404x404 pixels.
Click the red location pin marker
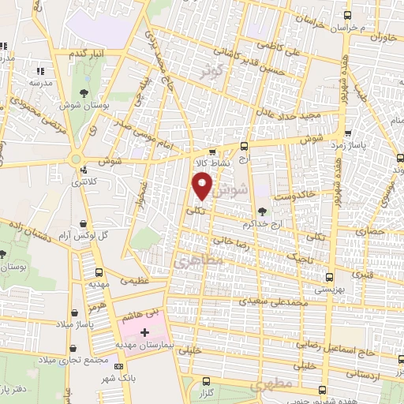203,185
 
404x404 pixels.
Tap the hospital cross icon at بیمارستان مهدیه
144,333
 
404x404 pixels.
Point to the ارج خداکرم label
261,224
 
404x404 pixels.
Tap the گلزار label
207,392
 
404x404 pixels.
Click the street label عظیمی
134,280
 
